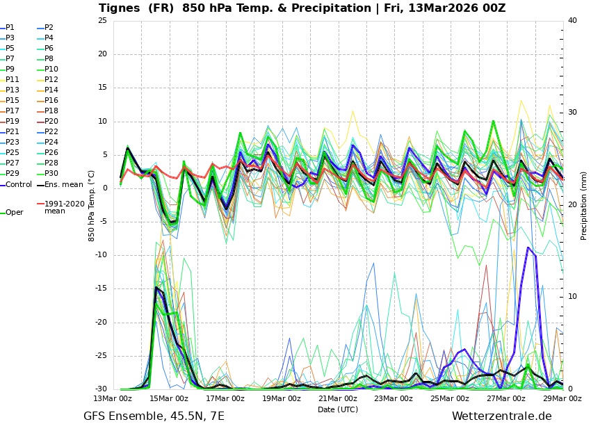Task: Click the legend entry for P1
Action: coord(10,28)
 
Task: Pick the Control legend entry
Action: coord(18,185)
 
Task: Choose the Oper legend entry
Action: coord(14,213)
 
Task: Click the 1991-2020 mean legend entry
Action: coord(64,207)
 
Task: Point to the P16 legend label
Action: coord(51,101)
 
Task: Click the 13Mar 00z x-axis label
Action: coord(113,399)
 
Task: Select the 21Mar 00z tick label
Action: coord(337,399)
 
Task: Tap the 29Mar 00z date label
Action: coord(562,399)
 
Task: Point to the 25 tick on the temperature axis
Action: coord(102,20)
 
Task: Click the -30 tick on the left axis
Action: coord(100,389)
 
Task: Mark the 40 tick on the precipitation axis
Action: coord(572,20)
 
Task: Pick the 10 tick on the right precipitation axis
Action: coord(572,297)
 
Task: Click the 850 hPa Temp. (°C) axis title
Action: coord(92,205)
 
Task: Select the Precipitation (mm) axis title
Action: coord(584,205)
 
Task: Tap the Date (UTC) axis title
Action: coord(338,410)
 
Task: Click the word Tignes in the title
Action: coord(120,8)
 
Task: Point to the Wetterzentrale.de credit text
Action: coord(501,416)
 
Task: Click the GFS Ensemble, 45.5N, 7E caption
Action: coord(154,416)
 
